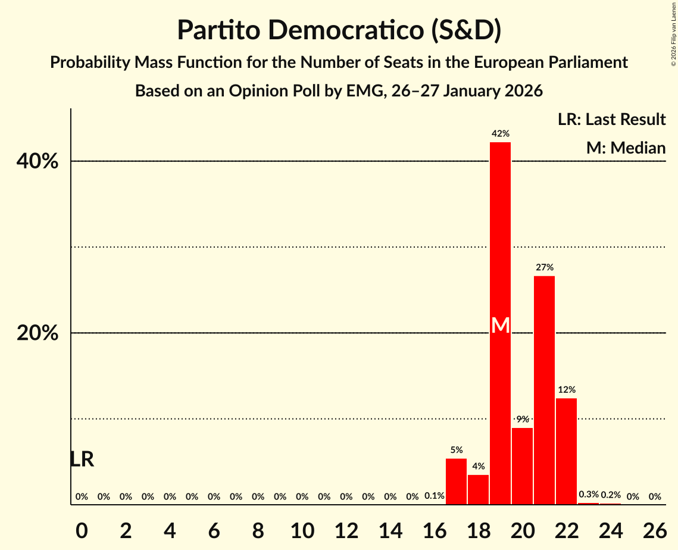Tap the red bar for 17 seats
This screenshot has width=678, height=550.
tap(456, 481)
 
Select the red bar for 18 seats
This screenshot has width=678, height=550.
tap(478, 489)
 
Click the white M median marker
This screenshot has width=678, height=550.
tap(501, 325)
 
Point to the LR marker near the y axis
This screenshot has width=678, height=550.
tap(82, 460)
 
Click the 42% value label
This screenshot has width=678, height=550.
tap(501, 134)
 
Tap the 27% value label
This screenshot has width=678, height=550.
tap(544, 268)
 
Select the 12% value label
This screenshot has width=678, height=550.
tap(566, 390)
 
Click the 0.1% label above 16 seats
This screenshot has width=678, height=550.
tap(435, 496)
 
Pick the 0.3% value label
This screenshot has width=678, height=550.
tap(589, 495)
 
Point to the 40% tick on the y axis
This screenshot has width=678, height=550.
tap(38, 161)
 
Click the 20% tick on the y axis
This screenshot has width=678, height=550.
tap(38, 333)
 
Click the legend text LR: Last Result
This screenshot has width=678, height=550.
tap(611, 120)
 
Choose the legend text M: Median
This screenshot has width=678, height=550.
tap(626, 148)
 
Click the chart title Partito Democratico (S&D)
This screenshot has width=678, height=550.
tap(339, 31)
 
